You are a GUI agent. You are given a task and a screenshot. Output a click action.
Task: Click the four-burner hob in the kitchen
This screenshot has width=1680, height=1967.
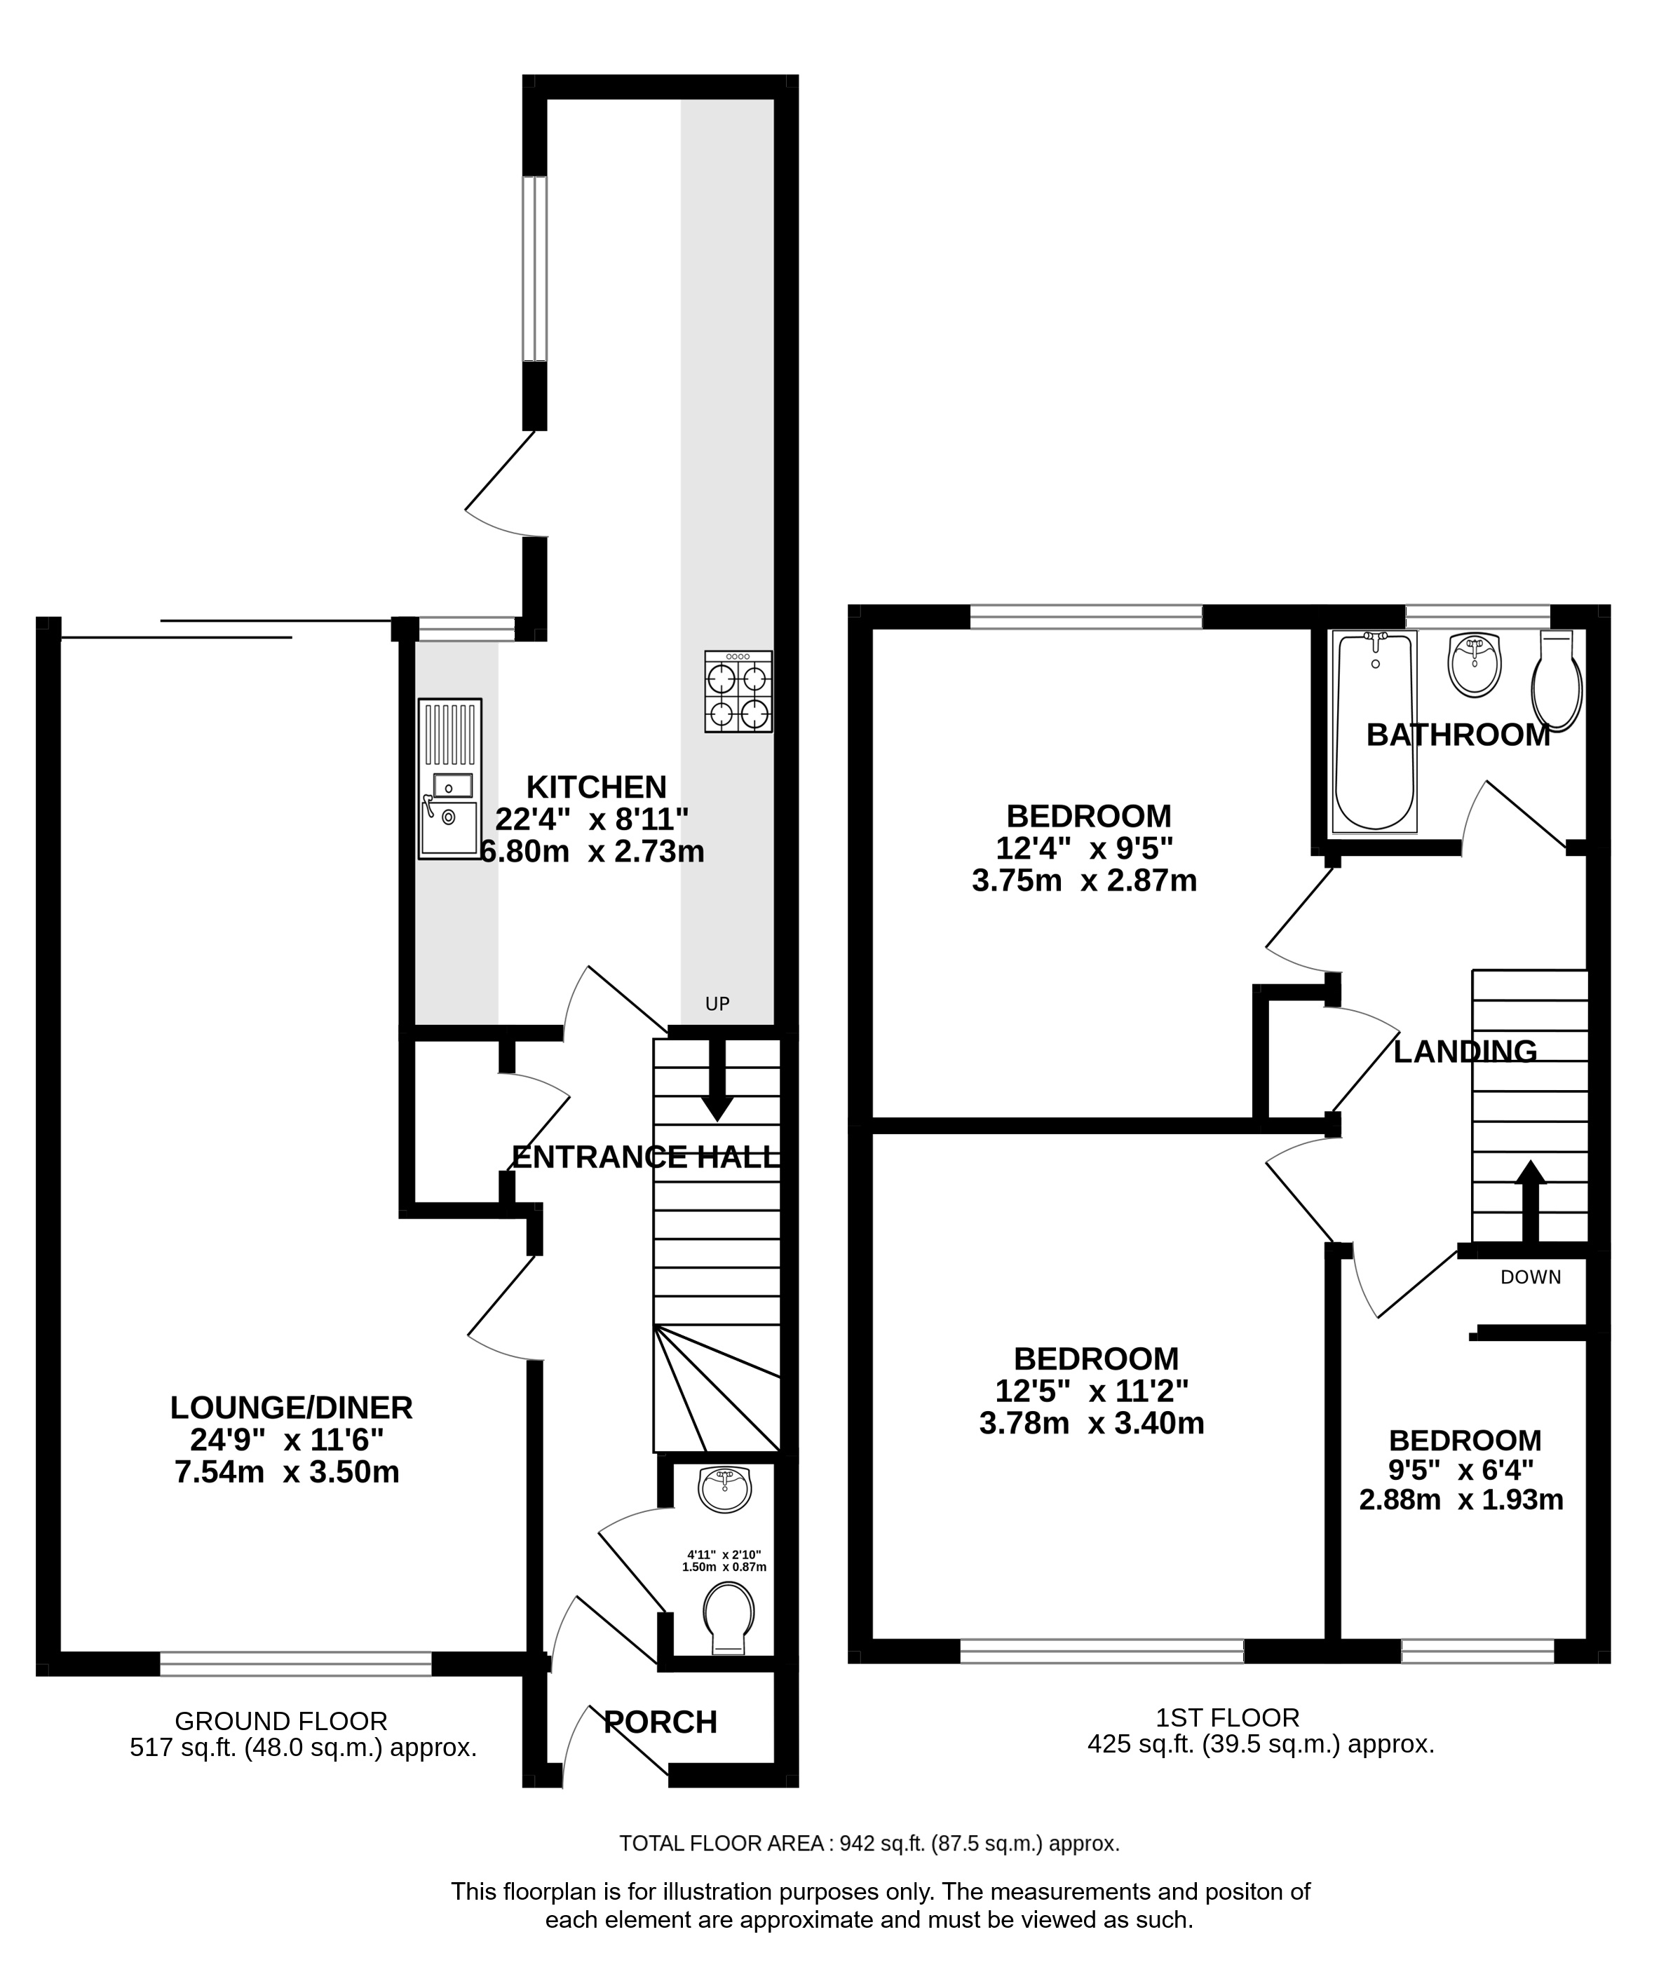pyautogui.click(x=738, y=691)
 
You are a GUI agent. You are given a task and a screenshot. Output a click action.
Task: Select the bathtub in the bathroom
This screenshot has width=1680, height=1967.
pyautogui.click(x=1374, y=732)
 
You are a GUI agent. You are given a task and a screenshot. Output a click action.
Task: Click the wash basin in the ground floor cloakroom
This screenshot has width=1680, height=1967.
pyautogui.click(x=724, y=1488)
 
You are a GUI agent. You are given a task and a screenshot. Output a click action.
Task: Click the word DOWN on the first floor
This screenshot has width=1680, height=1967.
pyautogui.click(x=1530, y=1277)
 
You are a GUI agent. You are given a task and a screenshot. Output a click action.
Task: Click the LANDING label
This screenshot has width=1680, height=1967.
pyautogui.click(x=1465, y=1051)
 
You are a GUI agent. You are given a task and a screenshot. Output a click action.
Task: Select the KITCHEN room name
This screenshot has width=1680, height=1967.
pyautogui.click(x=597, y=787)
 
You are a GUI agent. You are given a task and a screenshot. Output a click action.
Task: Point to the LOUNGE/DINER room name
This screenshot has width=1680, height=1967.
pyautogui.click(x=292, y=1407)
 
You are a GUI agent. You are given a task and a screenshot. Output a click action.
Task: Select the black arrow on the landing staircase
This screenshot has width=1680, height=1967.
pyautogui.click(x=1530, y=1200)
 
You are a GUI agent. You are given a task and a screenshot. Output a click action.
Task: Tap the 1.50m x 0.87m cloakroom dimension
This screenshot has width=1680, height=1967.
pyautogui.click(x=724, y=1567)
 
